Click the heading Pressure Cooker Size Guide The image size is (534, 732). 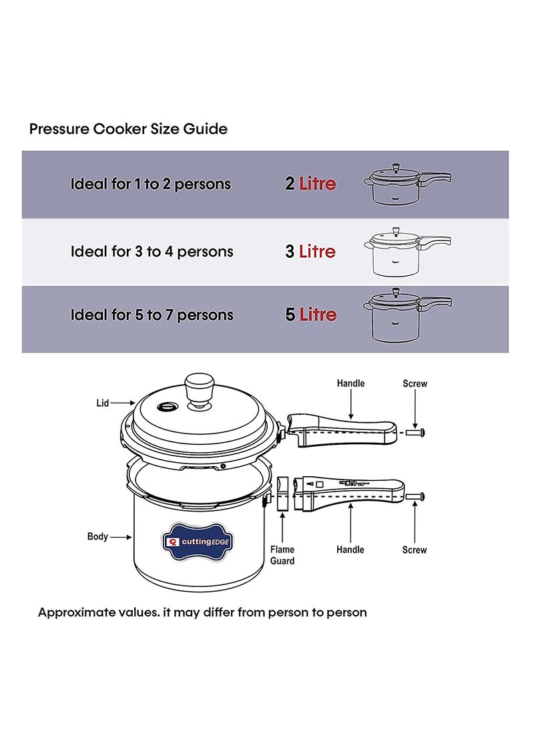pos(128,129)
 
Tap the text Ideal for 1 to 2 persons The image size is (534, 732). pos(151,184)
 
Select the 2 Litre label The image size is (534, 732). pos(310,184)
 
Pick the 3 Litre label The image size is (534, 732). pos(310,252)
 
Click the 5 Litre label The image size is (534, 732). pos(310,315)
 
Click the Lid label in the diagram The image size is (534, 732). pos(102,403)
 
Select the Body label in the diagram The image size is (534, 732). pos(97,536)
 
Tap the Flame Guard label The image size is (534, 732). pos(282,555)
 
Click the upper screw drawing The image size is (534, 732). pos(415,432)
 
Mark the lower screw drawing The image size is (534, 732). pos(415,496)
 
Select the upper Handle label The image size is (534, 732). pos(350,383)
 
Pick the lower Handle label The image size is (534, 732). pos(350,550)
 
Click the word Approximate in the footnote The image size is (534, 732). pos(75,612)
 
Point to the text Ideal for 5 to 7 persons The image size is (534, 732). pos(152,315)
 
